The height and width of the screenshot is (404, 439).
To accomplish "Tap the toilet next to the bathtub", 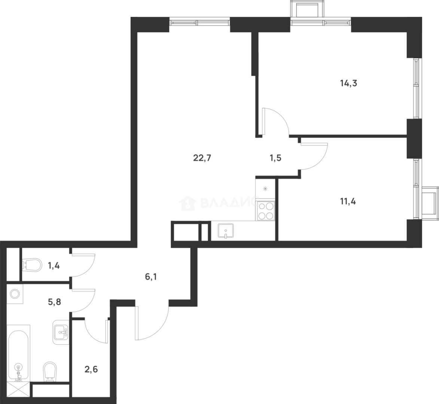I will click(x=50, y=371).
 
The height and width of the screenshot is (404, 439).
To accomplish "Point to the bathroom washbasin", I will click(x=60, y=331).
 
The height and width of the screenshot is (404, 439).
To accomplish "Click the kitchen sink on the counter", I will click(x=226, y=231).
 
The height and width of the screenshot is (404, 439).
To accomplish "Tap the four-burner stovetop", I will click(x=265, y=211).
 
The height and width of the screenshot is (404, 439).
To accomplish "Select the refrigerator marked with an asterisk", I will click(x=265, y=189).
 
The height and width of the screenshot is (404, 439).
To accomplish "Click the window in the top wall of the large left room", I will click(x=199, y=21).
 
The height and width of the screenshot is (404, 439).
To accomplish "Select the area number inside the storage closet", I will click(x=91, y=370).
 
